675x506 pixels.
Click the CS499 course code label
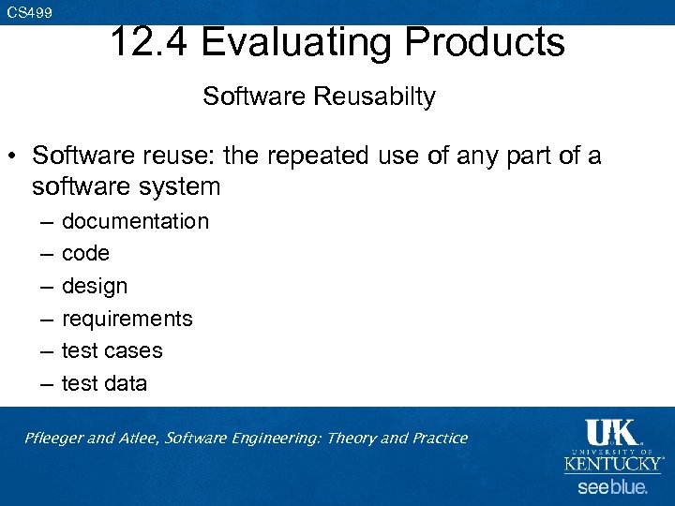click(29, 12)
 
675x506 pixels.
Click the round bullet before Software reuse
click(16, 155)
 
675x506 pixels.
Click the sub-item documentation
click(135, 221)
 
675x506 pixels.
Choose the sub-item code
click(85, 253)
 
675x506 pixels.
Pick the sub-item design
click(94, 286)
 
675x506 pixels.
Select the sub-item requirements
click(127, 319)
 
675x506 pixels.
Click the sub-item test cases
click(112, 350)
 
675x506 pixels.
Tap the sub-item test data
click(104, 383)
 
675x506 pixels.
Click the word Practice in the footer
click(436, 438)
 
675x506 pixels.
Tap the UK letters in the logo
click(611, 433)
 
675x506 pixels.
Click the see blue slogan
click(612, 487)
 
